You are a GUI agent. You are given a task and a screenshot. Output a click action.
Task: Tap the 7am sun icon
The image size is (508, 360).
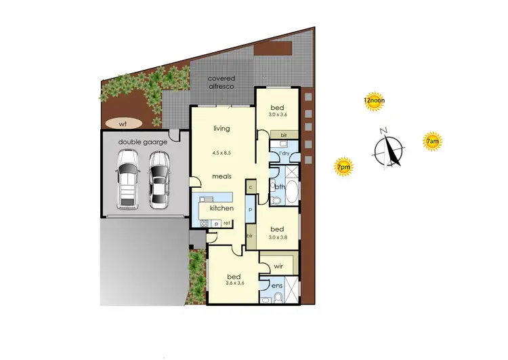click(x=432, y=141)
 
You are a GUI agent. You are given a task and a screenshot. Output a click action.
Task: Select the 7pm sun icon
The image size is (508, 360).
click(x=344, y=166)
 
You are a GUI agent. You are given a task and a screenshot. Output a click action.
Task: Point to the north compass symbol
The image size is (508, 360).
click(x=389, y=148)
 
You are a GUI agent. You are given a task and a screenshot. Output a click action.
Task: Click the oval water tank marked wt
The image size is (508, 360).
click(x=123, y=124)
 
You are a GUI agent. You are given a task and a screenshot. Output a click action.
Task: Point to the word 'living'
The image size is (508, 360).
click(x=221, y=128)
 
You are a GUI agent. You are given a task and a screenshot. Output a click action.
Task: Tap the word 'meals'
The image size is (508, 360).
click(x=222, y=176)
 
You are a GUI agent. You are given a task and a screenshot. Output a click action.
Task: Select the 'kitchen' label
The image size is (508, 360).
click(x=221, y=207)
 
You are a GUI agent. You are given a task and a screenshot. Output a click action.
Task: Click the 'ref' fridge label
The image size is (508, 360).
click(x=228, y=223)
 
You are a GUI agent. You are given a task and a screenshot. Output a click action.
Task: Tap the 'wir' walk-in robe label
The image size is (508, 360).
click(x=278, y=266)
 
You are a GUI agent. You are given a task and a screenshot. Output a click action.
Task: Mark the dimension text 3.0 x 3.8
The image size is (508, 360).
click(x=278, y=237)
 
